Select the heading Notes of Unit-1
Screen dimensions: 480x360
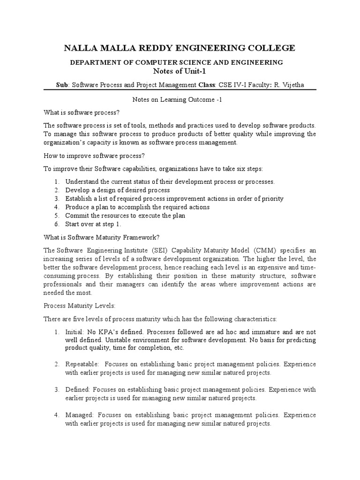tap(180, 71)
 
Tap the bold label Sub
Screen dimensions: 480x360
tap(61, 85)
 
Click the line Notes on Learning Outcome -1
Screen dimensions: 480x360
tap(180, 100)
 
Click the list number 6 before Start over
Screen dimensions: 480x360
tap(56, 224)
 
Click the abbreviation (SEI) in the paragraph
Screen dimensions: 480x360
tap(152, 250)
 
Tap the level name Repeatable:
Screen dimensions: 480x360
tap(82, 364)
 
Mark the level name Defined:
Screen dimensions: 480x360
tap(78, 390)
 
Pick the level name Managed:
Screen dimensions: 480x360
tap(80, 415)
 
